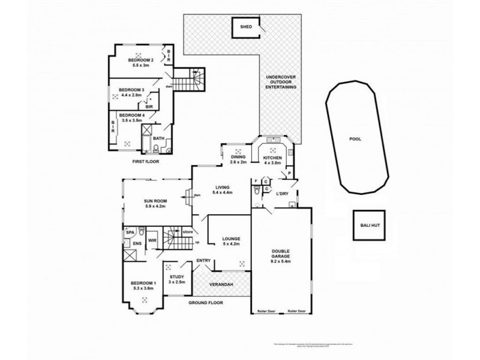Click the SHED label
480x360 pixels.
pyautogui.click(x=246, y=27)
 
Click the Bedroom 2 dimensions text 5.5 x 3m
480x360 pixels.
pyautogui.click(x=141, y=67)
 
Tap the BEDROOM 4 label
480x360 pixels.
pyautogui.click(x=131, y=115)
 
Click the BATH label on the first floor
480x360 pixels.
pyautogui.click(x=158, y=139)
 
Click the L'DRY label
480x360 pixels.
pyautogui.click(x=282, y=194)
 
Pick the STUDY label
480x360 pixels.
pyautogui.click(x=176, y=277)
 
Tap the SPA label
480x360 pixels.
pyautogui.click(x=129, y=231)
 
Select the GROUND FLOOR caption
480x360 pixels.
pyautogui.click(x=205, y=303)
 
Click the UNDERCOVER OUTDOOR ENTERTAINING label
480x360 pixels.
pyautogui.click(x=281, y=82)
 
